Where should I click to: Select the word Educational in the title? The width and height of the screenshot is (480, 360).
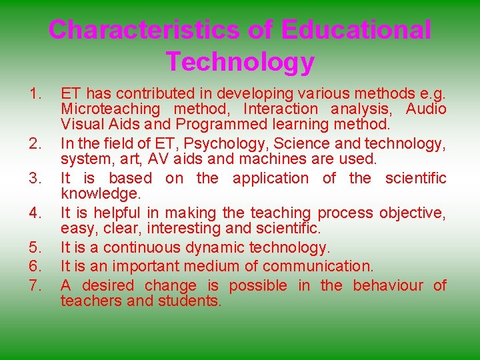point(356,30)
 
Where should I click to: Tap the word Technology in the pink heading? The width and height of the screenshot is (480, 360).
point(240,61)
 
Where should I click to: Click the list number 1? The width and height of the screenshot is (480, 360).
point(36,93)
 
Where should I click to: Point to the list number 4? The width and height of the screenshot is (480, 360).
point(36,213)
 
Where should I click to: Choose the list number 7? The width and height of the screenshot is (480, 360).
point(36,286)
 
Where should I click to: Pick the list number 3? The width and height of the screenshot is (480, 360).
point(36,178)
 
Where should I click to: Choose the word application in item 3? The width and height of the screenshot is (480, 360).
point(271,178)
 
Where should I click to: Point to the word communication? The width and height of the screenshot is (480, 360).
point(318,267)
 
